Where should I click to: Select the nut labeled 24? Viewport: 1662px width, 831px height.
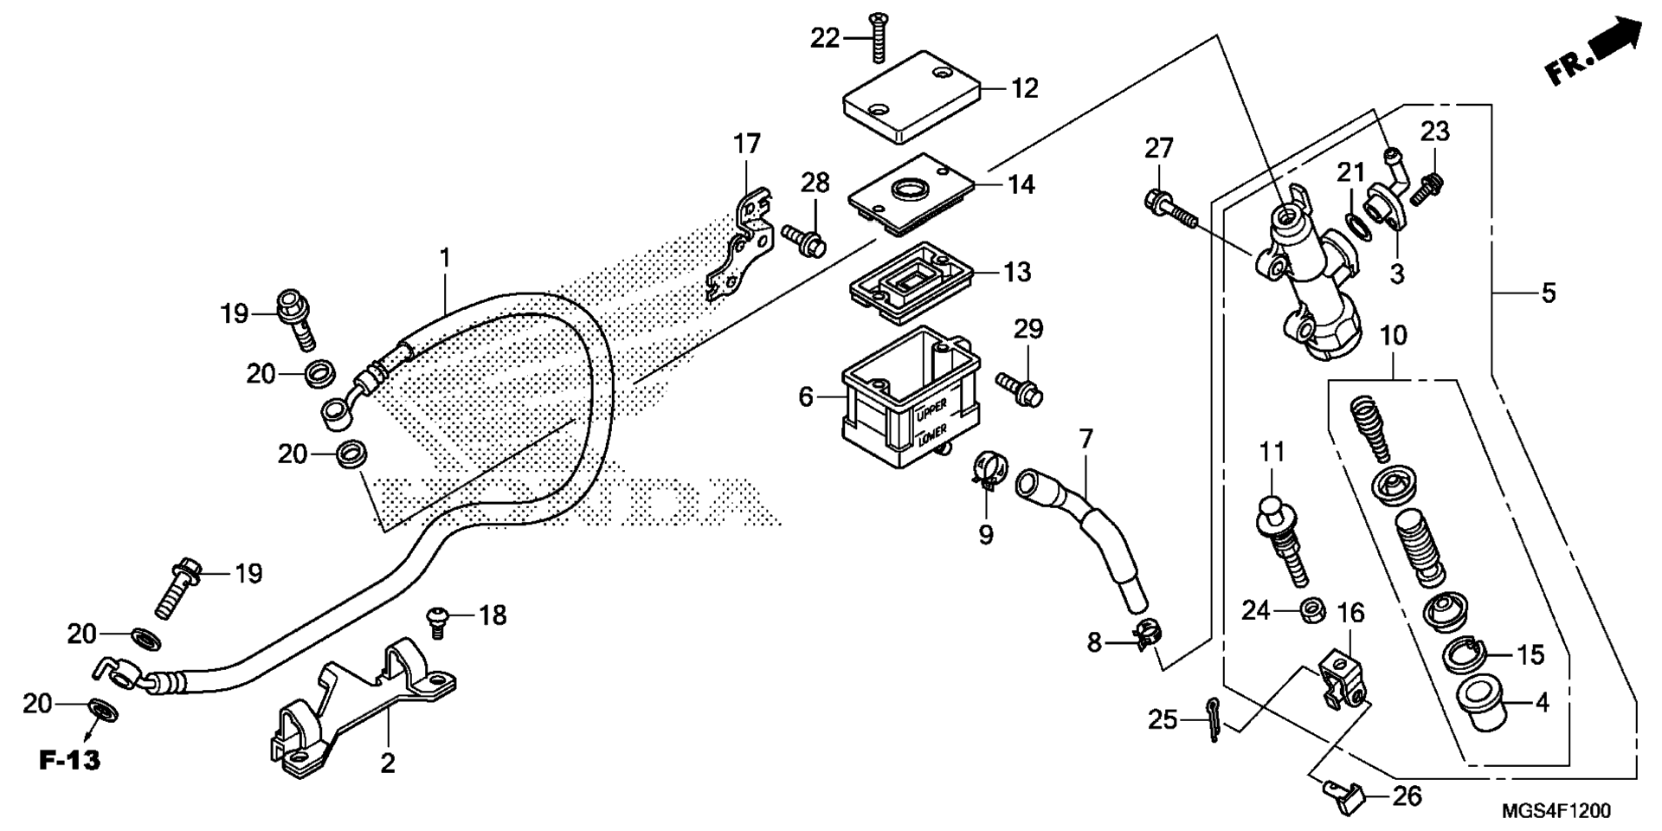pyautogui.click(x=1311, y=611)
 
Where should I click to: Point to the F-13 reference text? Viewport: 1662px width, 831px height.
pyautogui.click(x=70, y=761)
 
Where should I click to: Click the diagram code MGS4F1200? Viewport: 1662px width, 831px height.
pyautogui.click(x=1556, y=811)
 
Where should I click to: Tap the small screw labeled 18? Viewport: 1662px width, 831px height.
pyautogui.click(x=439, y=622)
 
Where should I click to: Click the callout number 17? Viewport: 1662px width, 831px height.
pyautogui.click(x=747, y=143)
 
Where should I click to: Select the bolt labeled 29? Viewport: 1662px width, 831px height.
pyautogui.click(x=1019, y=388)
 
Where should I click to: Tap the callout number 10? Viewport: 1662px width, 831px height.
pyautogui.click(x=1394, y=336)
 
